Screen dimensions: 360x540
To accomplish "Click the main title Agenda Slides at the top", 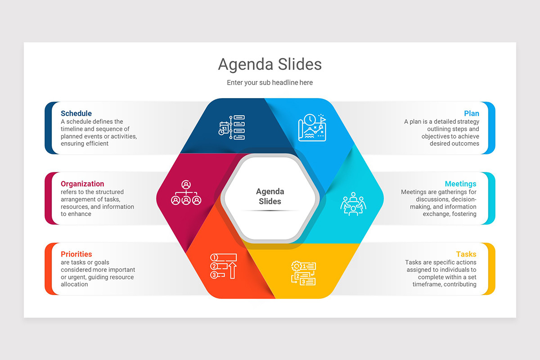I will (x=270, y=64).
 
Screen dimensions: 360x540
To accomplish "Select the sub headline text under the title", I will (x=270, y=83).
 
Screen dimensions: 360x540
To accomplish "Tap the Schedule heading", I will (x=76, y=113).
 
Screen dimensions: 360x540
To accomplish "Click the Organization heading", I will (x=82, y=184).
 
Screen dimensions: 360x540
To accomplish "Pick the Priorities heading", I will (x=76, y=254).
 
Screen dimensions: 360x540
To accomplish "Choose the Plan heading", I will (x=472, y=113).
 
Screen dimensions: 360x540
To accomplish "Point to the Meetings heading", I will (x=460, y=184).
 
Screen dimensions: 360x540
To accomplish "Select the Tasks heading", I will (x=466, y=254).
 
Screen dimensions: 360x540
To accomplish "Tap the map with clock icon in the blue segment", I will (x=312, y=128).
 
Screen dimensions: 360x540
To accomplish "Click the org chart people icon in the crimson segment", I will (x=186, y=193).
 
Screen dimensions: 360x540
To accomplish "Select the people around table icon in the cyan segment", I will (x=353, y=204).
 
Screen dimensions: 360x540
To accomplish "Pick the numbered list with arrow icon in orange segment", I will (x=224, y=266).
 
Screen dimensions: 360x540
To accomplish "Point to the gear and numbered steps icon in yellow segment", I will (x=303, y=273).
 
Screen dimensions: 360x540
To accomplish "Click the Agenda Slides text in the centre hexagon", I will (x=270, y=197).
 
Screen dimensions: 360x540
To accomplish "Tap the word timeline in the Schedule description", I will (x=72, y=129).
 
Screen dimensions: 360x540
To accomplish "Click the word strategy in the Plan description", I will (x=468, y=121).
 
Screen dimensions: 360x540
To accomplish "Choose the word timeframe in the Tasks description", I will (x=428, y=284).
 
